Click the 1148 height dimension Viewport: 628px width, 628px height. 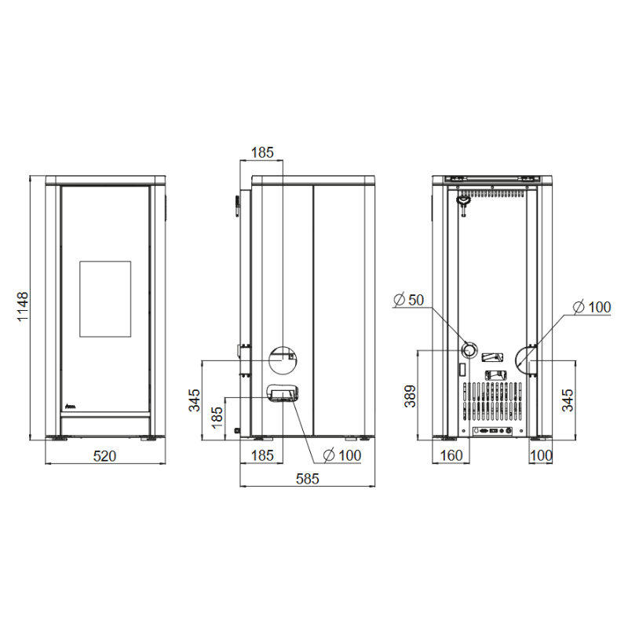click(23, 306)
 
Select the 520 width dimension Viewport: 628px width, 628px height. click(105, 456)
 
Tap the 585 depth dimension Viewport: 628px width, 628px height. click(308, 479)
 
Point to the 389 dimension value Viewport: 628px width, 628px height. click(410, 396)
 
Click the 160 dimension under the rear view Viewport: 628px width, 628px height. click(451, 456)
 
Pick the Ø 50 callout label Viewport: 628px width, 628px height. click(408, 300)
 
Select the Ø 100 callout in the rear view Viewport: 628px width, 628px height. click(592, 307)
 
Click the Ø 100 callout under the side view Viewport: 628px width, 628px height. click(342, 455)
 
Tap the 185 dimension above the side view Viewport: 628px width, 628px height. click(262, 152)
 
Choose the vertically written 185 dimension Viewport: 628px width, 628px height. click(217, 418)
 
